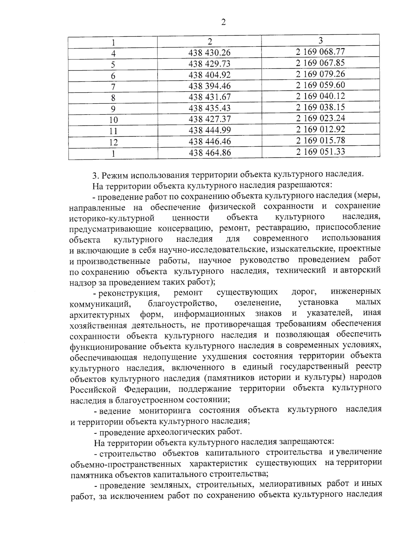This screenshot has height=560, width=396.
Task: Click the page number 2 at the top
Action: coord(223,22)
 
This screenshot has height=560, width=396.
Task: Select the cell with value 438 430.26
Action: coord(209,53)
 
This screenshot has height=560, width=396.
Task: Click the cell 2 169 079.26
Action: coord(320,74)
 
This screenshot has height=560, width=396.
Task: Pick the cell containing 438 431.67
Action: coord(209,97)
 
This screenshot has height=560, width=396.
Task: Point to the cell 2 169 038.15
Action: coord(320,107)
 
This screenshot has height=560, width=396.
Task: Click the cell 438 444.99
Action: coord(209,130)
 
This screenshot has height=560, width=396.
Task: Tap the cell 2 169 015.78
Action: coord(320,141)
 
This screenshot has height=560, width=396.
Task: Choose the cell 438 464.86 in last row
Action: coord(209,153)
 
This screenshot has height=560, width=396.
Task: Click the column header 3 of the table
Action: coord(320,40)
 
